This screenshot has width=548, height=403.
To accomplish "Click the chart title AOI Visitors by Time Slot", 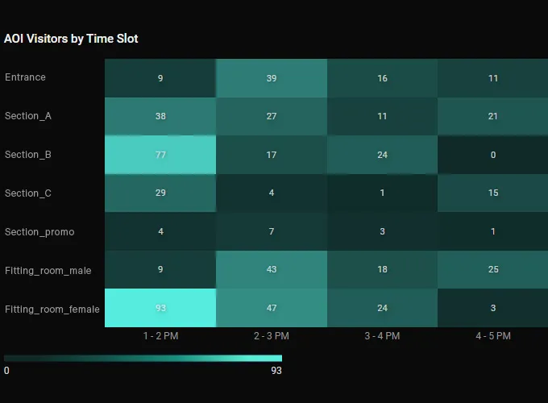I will coord(71,38).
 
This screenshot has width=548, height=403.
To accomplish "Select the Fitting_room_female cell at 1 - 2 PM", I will coord(160,308).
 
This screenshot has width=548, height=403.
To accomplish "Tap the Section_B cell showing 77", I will coord(160,155).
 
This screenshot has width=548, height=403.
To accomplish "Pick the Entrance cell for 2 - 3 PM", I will coord(272,78).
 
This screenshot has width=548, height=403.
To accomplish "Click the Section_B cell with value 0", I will coord(493,155).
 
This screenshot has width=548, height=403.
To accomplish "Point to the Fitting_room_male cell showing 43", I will coord(272,270).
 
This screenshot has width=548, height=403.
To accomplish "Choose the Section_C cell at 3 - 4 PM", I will coord(382,193).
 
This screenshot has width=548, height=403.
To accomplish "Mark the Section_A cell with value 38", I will coord(160,116).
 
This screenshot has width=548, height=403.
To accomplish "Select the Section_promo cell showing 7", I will coord(272,232).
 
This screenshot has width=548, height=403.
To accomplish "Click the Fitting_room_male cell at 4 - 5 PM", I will coord(493,270).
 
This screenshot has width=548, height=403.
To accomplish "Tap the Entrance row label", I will coord(25,77).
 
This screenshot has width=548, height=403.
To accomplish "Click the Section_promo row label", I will coord(39,232).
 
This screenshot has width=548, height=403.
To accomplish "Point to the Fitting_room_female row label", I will coord(52,309).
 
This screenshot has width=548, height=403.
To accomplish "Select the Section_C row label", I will coord(28,193).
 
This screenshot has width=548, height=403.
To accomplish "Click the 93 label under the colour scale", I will coord(276,371).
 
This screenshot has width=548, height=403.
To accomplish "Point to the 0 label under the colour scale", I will coord(6,371).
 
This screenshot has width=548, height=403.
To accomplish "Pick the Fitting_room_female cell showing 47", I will coord(272,308).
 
